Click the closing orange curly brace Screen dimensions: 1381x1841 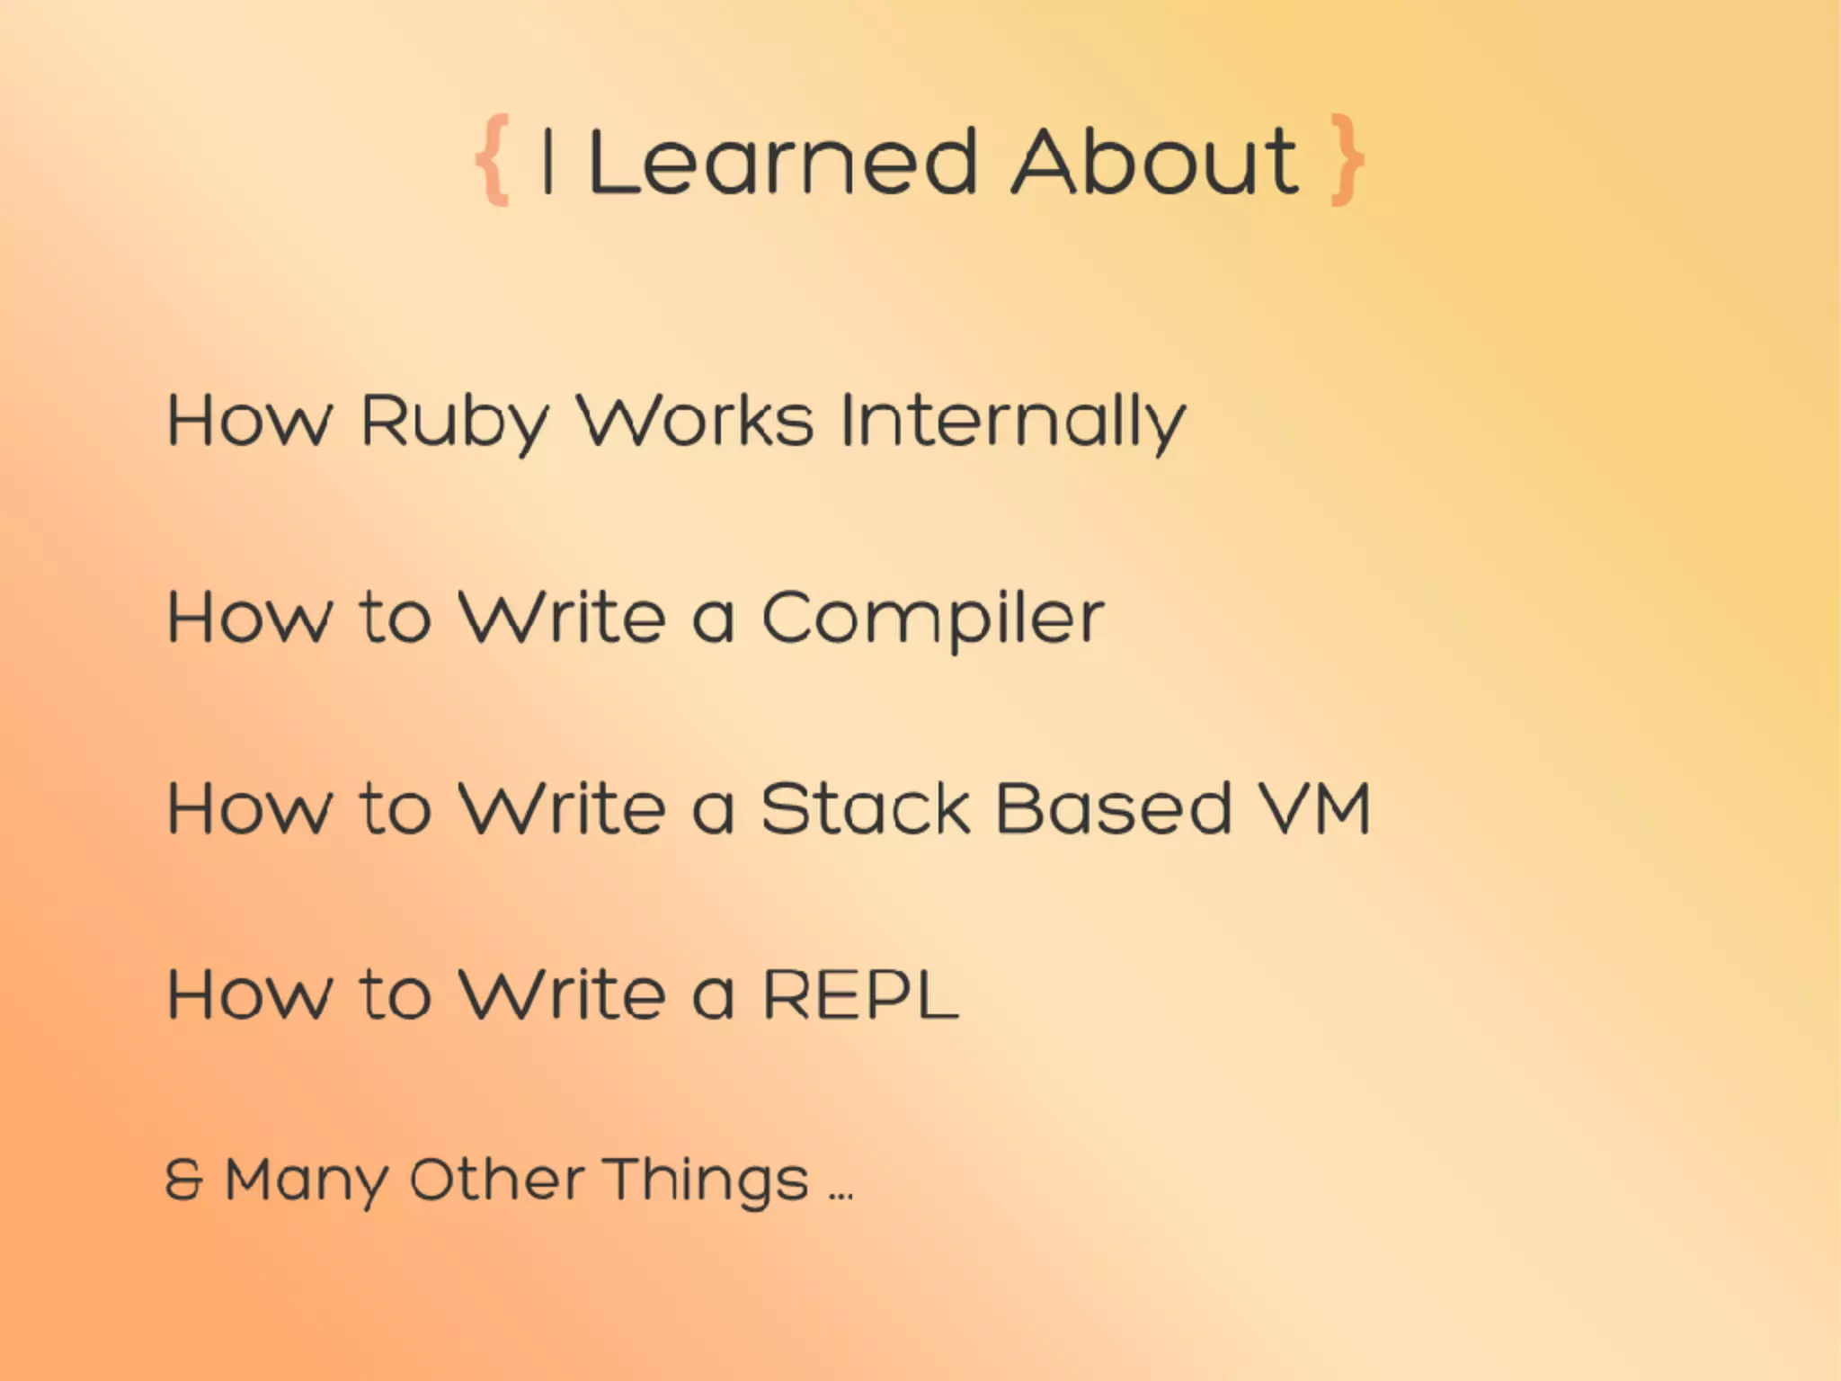(x=1347, y=160)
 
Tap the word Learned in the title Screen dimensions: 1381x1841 (x=782, y=162)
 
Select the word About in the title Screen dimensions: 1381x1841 (x=1155, y=162)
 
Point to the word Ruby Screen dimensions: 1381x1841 (x=454, y=421)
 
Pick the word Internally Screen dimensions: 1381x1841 (x=1013, y=421)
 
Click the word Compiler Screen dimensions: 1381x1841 (x=932, y=619)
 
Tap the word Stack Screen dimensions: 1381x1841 (x=865, y=808)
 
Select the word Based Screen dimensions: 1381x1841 (x=1113, y=808)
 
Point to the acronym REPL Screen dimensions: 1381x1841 (x=860, y=994)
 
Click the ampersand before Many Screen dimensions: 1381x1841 (x=184, y=1180)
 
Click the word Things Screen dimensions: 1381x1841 (x=706, y=1181)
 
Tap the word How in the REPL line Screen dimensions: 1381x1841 (x=249, y=994)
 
